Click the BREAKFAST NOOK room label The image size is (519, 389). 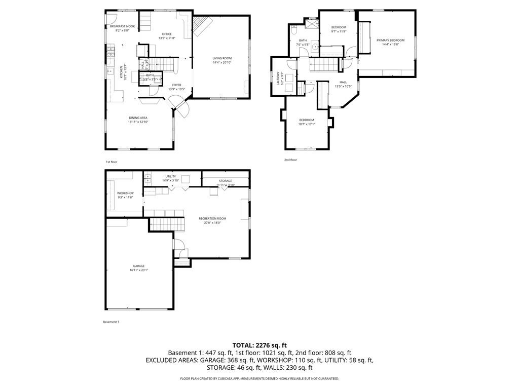123,26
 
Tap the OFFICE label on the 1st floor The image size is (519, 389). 167,34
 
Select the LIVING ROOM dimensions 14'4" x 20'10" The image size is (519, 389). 222,62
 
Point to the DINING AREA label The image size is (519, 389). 138,118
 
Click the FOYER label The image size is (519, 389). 176,85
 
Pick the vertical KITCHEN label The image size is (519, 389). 121,72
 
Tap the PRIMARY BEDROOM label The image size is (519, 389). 390,40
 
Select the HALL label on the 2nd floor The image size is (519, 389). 343,82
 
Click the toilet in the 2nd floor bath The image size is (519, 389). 294,31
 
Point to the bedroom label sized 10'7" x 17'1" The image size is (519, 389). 307,120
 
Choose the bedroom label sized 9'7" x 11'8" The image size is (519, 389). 339,27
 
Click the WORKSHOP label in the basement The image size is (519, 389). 125,193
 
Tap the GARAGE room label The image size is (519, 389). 139,266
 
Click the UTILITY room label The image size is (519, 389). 170,176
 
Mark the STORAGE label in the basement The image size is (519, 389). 226,181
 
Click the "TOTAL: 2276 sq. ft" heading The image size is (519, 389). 259,345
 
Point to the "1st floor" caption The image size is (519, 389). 112,162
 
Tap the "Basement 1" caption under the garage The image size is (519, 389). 111,322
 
